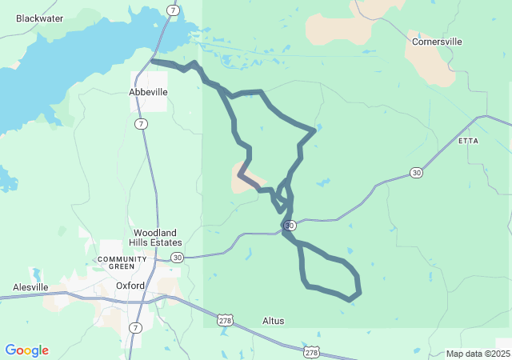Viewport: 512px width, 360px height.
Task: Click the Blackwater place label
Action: click(39, 18)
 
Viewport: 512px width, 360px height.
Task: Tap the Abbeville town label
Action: click(149, 92)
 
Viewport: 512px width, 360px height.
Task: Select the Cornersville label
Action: click(437, 41)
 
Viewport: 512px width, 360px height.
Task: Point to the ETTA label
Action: click(468, 141)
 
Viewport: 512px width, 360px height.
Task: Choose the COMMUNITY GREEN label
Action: click(122, 262)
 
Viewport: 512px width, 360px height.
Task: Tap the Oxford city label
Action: click(130, 285)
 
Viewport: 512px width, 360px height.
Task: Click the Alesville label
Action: click(30, 287)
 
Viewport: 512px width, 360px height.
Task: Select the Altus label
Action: click(274, 321)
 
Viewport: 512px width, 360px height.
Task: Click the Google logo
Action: click(26, 350)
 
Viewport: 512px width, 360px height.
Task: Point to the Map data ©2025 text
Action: click(476, 354)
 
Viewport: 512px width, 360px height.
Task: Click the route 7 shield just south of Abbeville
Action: click(141, 124)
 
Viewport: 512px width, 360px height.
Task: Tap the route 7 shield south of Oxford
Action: click(136, 328)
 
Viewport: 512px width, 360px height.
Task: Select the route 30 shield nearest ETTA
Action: click(416, 172)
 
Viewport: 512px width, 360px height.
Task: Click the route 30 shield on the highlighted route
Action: click(290, 226)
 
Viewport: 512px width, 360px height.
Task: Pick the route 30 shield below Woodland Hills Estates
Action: click(177, 257)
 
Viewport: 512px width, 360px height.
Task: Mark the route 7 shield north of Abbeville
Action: click(173, 10)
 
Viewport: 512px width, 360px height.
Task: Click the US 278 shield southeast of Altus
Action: click(312, 352)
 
